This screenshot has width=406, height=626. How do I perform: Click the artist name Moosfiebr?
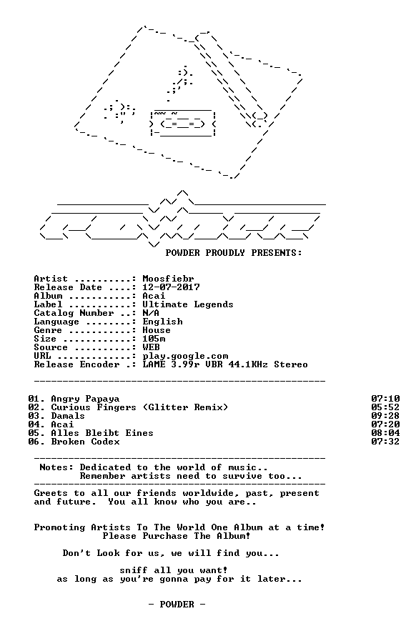point(168,279)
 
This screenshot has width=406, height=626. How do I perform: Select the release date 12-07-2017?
point(171,287)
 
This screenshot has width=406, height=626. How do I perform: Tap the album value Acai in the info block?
point(154,296)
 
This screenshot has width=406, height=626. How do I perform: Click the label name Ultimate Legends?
point(187,304)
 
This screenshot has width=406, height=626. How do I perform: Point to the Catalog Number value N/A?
point(151,313)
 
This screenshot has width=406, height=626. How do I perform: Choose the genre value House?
point(157,330)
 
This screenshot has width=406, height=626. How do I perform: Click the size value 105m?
point(154,339)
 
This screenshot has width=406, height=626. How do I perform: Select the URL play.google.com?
point(185,356)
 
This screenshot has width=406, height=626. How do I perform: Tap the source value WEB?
point(151,347)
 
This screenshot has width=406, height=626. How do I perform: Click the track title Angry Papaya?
point(85,399)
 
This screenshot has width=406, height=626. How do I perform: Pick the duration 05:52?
point(385,407)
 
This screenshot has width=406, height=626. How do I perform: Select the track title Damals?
point(68,416)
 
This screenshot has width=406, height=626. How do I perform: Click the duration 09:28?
point(385,416)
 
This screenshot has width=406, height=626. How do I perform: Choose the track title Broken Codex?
point(85,442)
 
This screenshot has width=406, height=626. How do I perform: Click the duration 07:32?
point(385,442)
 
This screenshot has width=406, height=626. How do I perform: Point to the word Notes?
point(56,467)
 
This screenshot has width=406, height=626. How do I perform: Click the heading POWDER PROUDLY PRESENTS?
point(234,253)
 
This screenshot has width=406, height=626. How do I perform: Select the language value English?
point(162,322)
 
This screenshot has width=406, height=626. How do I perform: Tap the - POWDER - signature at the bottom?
point(177,605)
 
